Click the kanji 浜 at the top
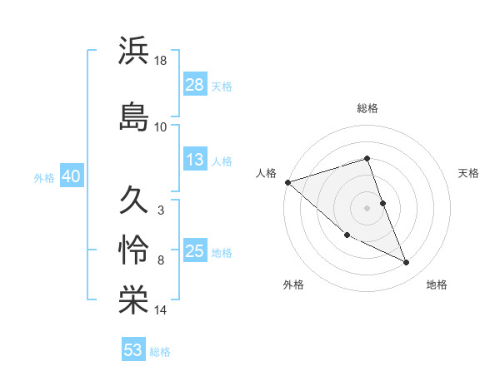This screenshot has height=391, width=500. [x=134, y=51]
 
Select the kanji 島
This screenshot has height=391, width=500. [x=134, y=116]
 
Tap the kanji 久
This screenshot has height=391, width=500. [x=134, y=200]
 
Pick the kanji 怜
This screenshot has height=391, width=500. [x=134, y=250]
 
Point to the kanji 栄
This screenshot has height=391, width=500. [x=134, y=300]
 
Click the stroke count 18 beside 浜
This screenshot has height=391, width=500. [x=162, y=62]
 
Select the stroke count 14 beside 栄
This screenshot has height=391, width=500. [x=162, y=310]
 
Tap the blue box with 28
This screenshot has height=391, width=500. [x=195, y=85]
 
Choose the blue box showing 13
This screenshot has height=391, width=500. [x=195, y=160]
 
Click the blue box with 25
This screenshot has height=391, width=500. [x=195, y=252]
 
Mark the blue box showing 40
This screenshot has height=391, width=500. [x=70, y=177]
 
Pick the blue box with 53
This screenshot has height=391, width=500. [x=133, y=350]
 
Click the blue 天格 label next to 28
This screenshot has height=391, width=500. [x=222, y=86]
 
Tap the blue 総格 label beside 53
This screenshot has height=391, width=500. [x=160, y=351]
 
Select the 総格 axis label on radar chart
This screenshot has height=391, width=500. [x=367, y=108]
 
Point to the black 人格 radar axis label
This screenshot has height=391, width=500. [x=267, y=173]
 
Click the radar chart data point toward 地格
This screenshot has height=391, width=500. [x=406, y=263]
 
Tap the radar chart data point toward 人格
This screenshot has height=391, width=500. [x=287, y=182]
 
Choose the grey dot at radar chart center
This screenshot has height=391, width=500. [x=367, y=208]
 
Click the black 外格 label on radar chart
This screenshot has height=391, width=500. [x=293, y=285]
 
